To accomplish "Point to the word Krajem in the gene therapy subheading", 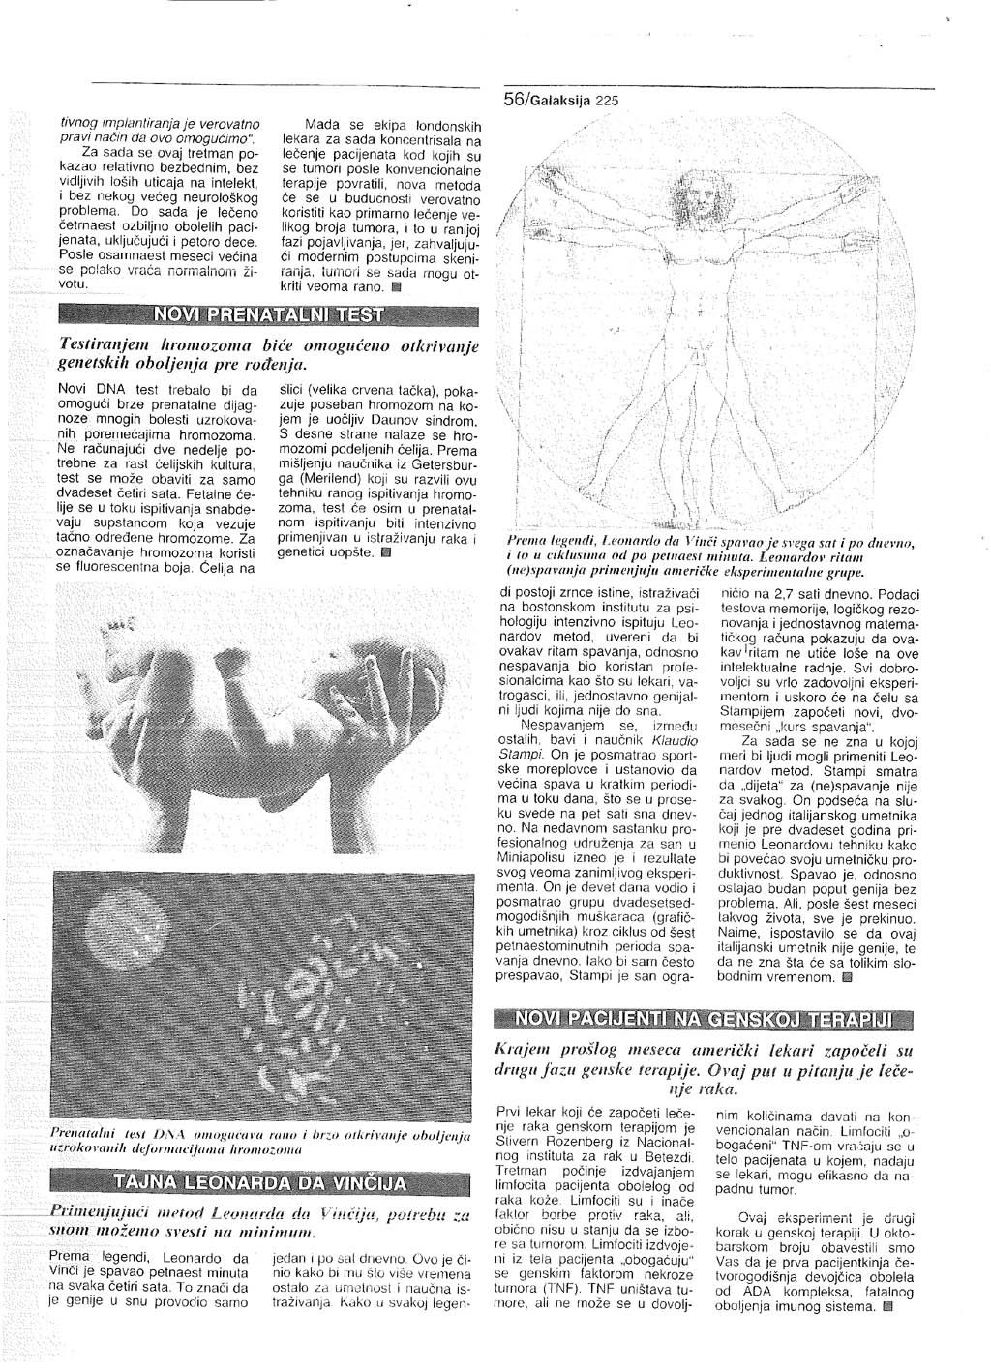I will coord(524,1051).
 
